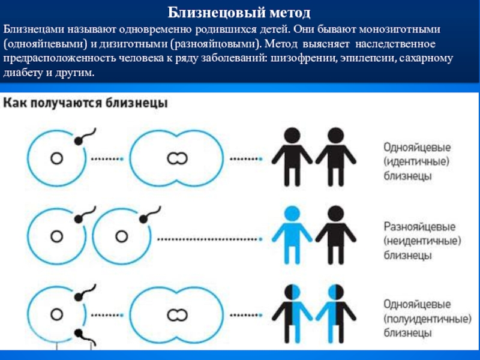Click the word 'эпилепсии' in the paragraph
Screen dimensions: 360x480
(x=363, y=59)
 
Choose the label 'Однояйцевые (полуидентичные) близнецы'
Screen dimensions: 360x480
(x=424, y=318)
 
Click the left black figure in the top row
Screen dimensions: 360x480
(x=292, y=155)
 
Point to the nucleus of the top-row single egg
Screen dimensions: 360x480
(x=57, y=158)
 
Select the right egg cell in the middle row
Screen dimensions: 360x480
(x=123, y=237)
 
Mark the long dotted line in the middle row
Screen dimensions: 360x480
(x=210, y=238)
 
